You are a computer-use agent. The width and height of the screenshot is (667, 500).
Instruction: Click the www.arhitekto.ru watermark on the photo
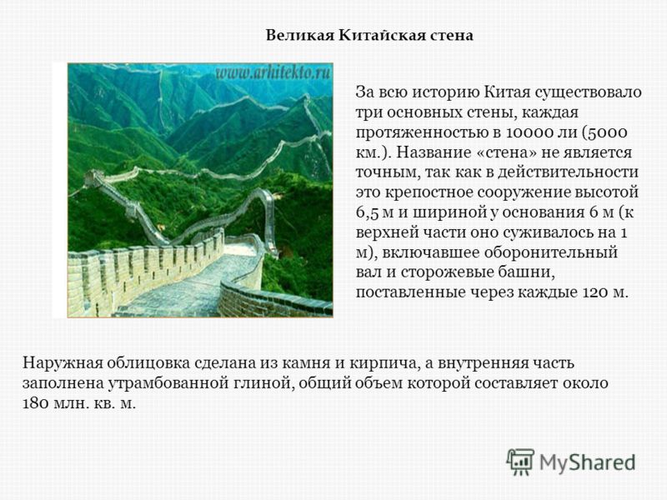click(273, 72)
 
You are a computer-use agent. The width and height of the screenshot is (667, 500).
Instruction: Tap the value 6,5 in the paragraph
click(367, 212)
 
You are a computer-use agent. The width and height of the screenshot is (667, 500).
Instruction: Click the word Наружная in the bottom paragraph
click(63, 363)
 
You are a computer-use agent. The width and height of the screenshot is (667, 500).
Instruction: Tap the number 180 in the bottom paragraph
click(36, 403)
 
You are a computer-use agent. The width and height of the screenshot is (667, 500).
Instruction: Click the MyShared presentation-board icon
click(519, 462)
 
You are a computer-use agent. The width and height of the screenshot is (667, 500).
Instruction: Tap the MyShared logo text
click(588, 462)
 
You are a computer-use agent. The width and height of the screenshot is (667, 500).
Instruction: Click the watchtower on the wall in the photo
click(93, 177)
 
